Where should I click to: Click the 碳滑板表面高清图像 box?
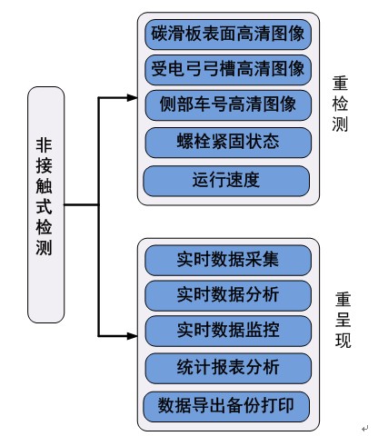tap(228, 35)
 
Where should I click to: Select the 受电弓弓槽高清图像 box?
tap(228, 70)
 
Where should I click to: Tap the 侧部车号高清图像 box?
tap(228, 105)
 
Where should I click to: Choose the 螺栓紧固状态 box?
tap(228, 143)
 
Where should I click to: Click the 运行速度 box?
tap(226, 181)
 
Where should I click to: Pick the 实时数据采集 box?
tap(228, 260)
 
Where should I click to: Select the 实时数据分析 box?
tap(228, 295)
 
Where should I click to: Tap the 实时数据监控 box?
tap(228, 331)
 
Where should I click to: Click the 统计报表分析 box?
tap(228, 368)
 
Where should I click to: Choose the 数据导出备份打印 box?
tap(226, 407)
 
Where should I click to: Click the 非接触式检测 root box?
tap(46, 204)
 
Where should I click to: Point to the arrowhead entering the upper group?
tap(132, 97)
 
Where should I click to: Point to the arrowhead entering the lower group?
tap(132, 336)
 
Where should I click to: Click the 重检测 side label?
tap(340, 104)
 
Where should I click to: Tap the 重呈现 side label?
tap(343, 320)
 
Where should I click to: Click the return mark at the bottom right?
tap(364, 429)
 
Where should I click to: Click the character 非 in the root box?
tap(45, 145)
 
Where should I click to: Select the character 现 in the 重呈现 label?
tap(343, 340)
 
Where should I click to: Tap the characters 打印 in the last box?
tap(277, 406)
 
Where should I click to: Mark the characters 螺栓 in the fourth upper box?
tap(194, 142)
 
